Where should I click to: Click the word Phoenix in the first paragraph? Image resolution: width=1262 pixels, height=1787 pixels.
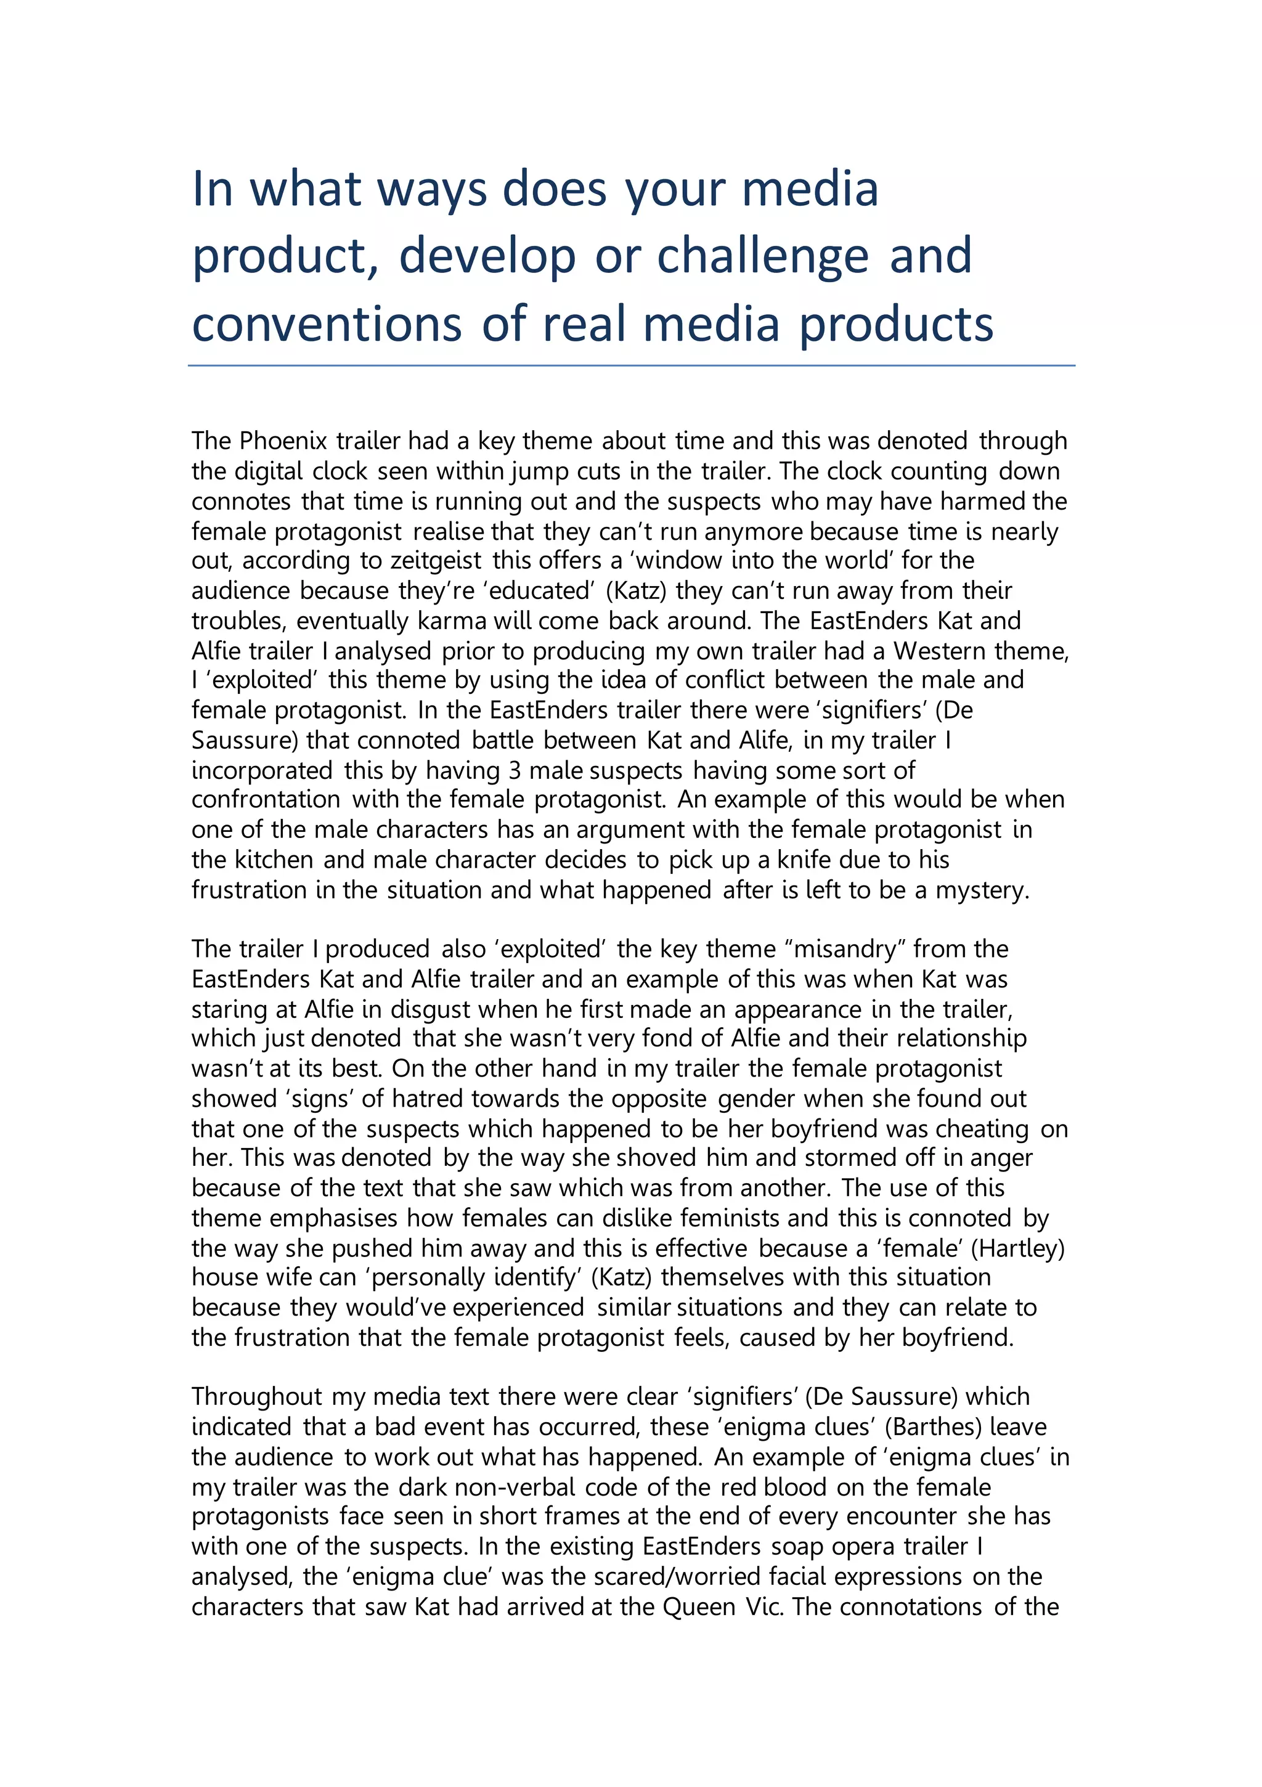283,441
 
